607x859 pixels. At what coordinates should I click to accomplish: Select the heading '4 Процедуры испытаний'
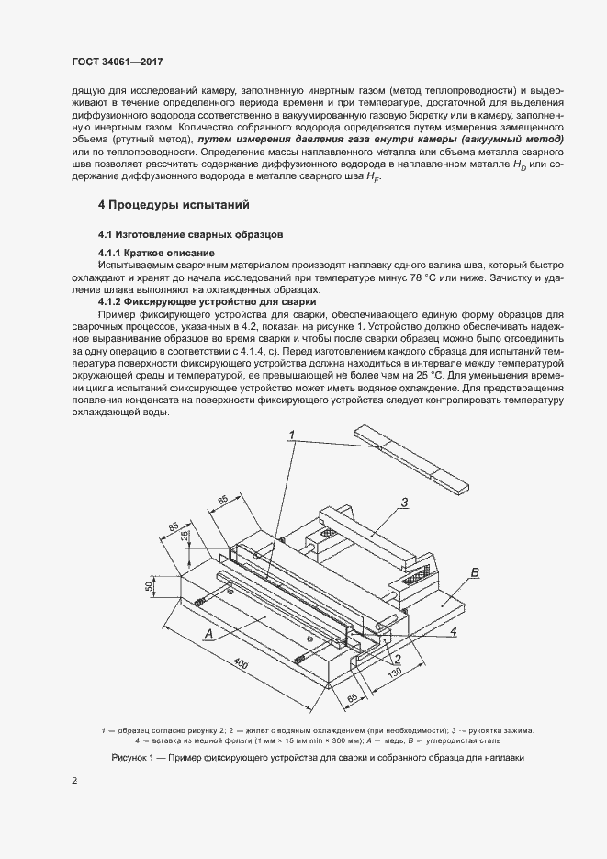pos(174,204)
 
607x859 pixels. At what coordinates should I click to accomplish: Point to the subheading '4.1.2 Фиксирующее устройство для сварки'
pos(207,301)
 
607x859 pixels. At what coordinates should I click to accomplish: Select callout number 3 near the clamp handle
pos(403,502)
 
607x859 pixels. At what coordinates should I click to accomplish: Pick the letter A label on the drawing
pos(208,634)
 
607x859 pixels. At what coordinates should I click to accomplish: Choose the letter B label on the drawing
pos(475,573)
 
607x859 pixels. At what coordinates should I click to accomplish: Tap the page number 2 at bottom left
pos(74,781)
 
